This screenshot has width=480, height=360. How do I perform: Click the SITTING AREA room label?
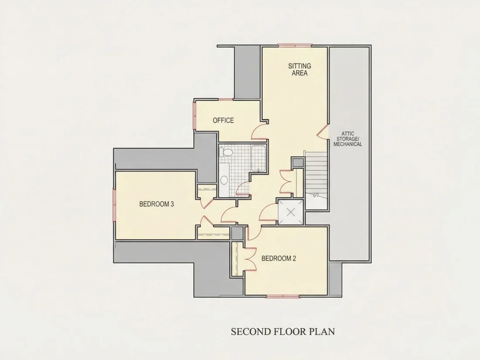tap(299, 69)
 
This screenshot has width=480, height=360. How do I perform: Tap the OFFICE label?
tap(223, 120)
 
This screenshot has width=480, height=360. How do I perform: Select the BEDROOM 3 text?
tap(156, 204)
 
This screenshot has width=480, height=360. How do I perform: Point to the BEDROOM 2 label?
tap(278, 258)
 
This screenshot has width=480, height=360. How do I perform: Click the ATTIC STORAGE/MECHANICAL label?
tap(348, 139)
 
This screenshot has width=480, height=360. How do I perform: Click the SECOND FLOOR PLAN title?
tap(283, 332)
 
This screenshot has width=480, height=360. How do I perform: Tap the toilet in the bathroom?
tap(226, 152)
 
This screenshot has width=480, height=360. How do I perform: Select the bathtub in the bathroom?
tap(259, 158)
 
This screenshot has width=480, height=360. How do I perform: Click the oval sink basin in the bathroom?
tap(224, 180)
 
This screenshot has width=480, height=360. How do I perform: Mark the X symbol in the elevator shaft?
tap(291, 212)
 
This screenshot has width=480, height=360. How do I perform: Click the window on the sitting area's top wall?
tap(295, 46)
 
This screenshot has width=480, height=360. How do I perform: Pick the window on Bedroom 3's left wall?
tap(114, 205)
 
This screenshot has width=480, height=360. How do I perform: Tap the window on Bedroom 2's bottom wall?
tap(283, 296)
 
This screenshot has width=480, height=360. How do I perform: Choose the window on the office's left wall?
tap(194, 115)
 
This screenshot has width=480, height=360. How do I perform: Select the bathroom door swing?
tap(243, 188)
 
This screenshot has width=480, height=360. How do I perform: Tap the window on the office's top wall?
tap(225, 99)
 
